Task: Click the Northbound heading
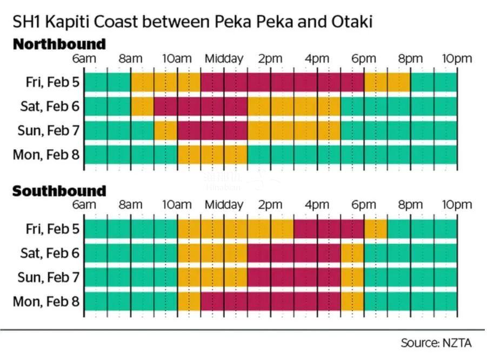59,44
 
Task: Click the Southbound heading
59,191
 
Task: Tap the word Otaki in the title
352,22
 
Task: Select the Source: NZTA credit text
436,343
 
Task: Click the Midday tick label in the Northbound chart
224,58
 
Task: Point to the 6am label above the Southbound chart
84,205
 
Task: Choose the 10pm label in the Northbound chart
457,58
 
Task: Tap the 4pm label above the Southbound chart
317,205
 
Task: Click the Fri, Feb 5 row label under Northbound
52,82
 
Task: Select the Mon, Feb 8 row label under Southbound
46,301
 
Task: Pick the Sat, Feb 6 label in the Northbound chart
50,106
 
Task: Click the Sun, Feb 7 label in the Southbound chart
49,277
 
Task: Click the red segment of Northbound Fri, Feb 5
282,82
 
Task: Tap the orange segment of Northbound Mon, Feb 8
212,155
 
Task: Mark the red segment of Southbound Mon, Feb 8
270,301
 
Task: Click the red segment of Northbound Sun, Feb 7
212,131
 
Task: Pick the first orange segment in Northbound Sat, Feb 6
142,106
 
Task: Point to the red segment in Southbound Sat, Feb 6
294,253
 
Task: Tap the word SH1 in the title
25,22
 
